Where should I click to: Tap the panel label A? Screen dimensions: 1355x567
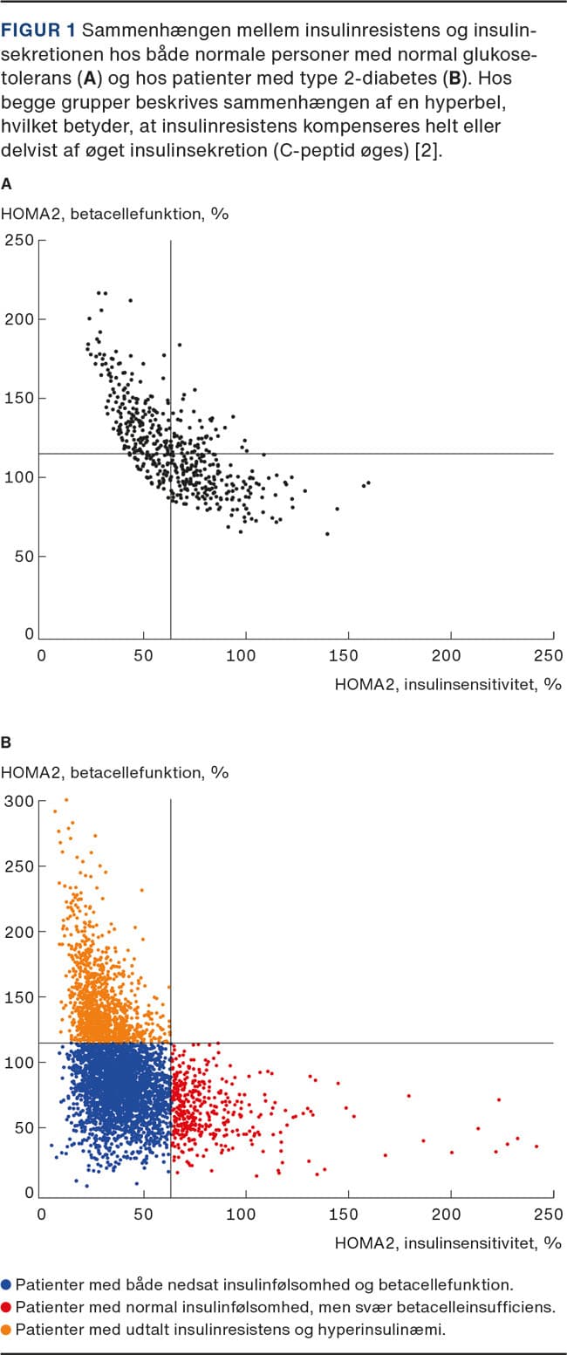click(7, 184)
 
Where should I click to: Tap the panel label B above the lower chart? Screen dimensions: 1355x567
click(7, 743)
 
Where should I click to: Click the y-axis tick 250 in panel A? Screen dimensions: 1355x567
click(18, 240)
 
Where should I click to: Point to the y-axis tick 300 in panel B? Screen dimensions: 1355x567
click(18, 801)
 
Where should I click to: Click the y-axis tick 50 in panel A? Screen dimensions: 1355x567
click(23, 557)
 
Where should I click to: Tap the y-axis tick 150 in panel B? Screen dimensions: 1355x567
click(18, 997)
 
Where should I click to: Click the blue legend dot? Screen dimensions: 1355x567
click(8, 1284)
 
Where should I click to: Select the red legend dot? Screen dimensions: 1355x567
click(8, 1307)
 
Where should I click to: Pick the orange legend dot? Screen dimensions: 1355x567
click(8, 1329)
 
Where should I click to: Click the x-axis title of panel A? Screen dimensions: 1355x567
click(447, 684)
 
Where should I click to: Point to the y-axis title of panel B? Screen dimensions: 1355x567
click(114, 771)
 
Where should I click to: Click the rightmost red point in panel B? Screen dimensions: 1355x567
click(536, 1146)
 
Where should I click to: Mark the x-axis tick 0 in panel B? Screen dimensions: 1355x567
click(41, 1214)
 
